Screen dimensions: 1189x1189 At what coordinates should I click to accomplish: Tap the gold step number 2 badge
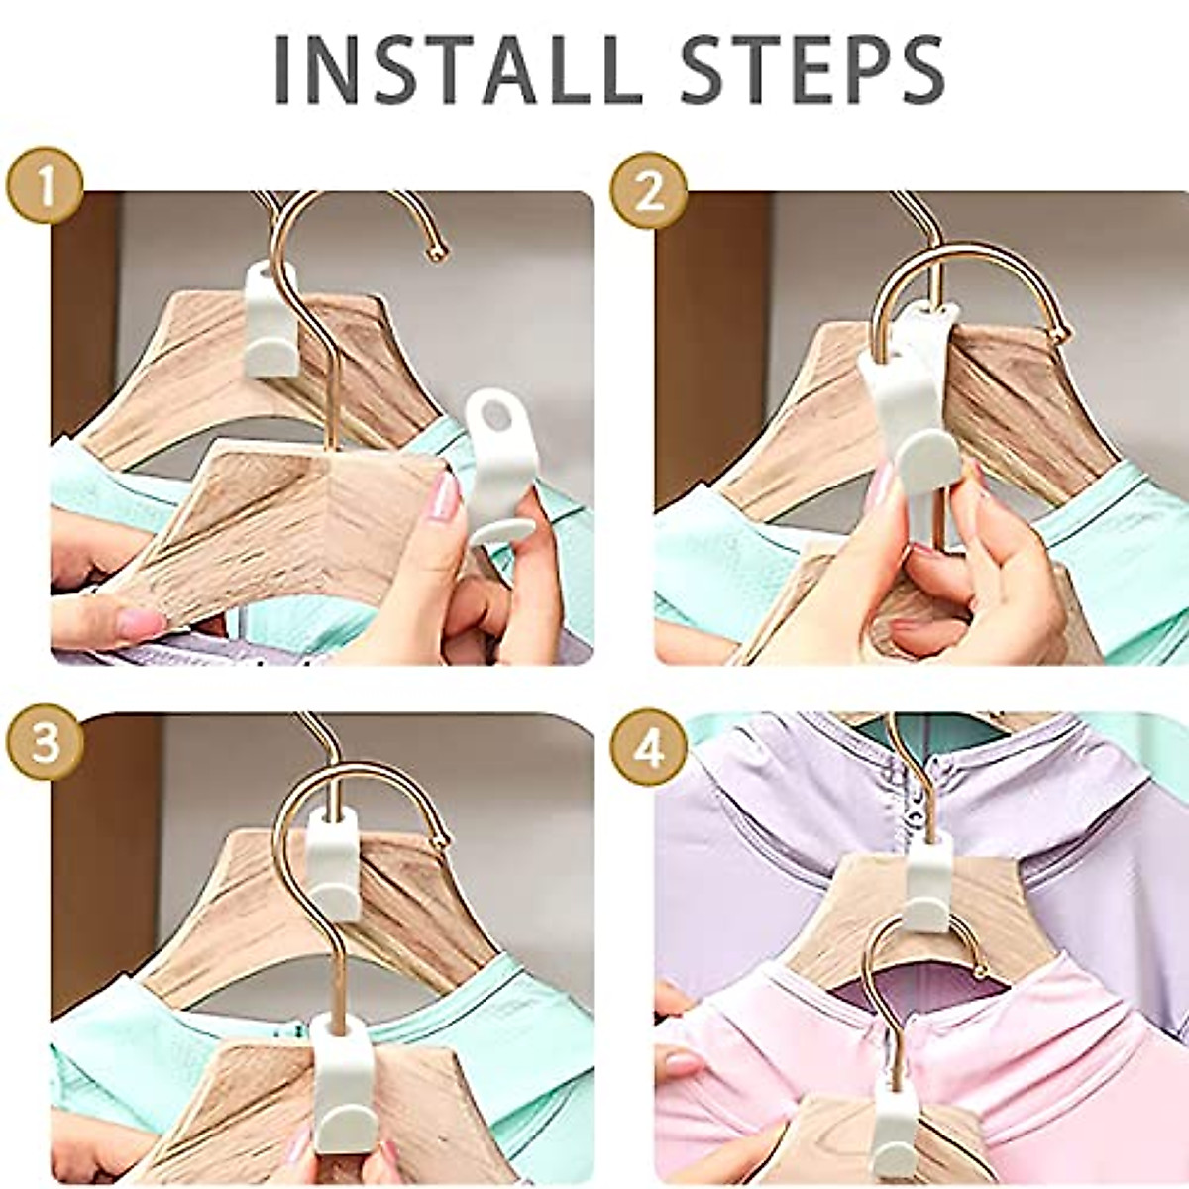coord(648,191)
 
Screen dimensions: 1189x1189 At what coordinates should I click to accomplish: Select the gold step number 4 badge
coord(648,748)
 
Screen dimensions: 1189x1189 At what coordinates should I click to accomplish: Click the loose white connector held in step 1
coord(501,466)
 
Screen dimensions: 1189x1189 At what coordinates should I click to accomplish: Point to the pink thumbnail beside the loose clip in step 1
coord(445,496)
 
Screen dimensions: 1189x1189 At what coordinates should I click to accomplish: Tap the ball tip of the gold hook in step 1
coord(436,255)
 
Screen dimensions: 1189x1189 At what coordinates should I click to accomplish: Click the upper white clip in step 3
coord(333,862)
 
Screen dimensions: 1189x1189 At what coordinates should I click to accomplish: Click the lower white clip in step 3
coord(343,1080)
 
